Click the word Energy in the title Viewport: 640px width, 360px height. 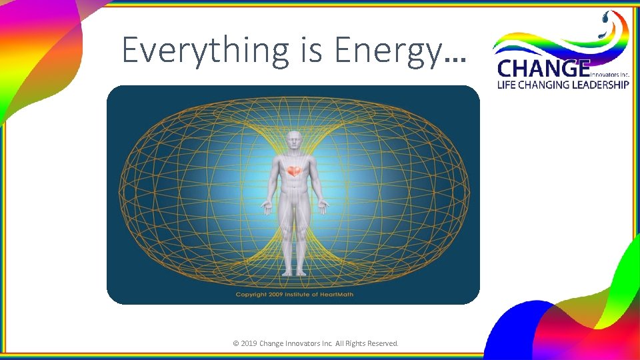click(x=387, y=51)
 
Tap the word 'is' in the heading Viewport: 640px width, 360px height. click(x=310, y=51)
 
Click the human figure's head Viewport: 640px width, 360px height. click(x=293, y=141)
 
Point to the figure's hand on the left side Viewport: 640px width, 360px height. click(x=267, y=207)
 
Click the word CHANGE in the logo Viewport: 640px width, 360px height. click(x=543, y=69)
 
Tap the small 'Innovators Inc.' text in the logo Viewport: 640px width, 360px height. click(x=609, y=75)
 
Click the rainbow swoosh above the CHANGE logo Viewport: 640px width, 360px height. click(x=560, y=43)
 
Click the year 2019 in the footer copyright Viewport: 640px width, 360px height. click(x=249, y=343)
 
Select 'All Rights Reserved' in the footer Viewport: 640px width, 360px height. click(x=367, y=343)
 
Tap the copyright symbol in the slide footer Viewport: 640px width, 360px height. click(x=235, y=343)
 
